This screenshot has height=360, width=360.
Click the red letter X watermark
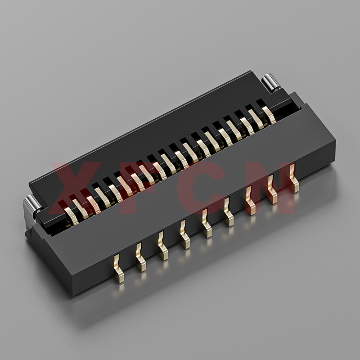point(76,188)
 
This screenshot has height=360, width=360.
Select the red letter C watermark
point(202,188)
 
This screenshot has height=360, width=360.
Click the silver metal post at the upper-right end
point(271,83)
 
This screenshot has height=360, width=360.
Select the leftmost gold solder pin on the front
point(118,269)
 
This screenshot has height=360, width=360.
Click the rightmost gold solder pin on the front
point(294,178)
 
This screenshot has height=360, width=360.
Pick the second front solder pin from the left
point(141,257)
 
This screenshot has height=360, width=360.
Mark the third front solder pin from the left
point(163,246)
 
